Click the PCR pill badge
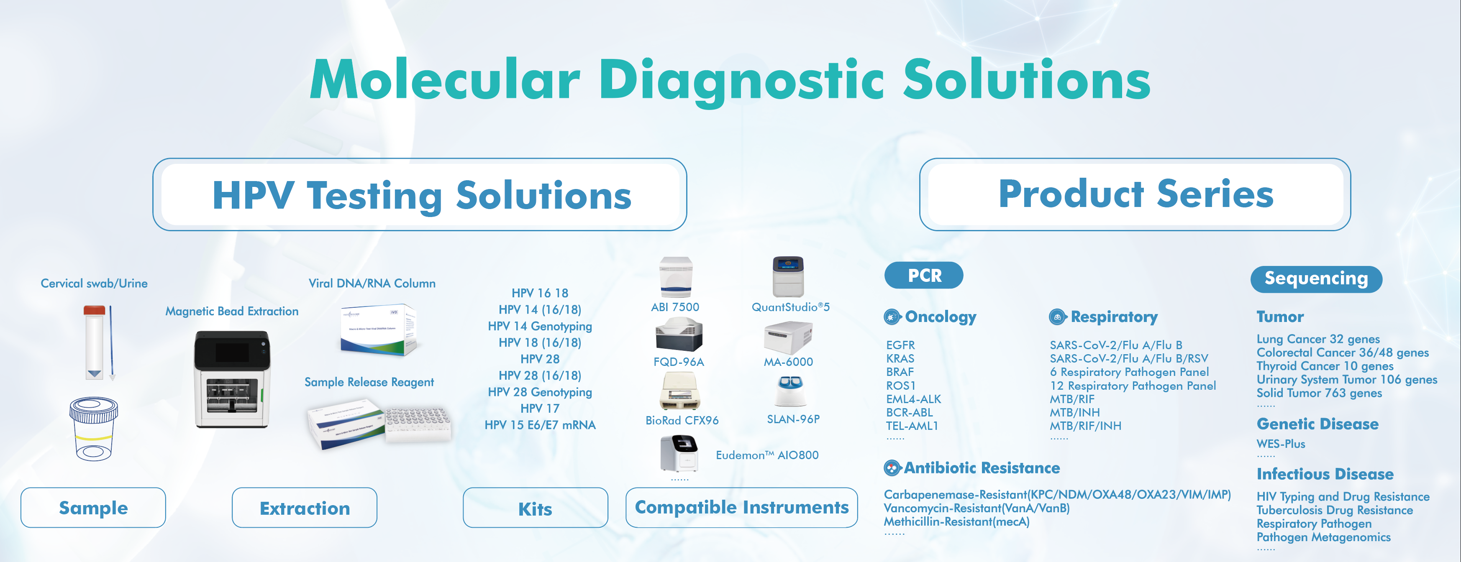(923, 275)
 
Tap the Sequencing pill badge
(1316, 278)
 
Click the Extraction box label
(305, 508)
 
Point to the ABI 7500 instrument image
(676, 277)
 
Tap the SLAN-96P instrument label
(793, 419)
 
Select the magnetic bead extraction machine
(232, 379)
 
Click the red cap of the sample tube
(94, 310)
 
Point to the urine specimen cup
(94, 428)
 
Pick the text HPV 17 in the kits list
(540, 408)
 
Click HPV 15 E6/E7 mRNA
(540, 425)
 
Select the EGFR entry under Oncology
(900, 345)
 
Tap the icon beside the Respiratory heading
(1057, 317)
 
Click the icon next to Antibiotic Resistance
(892, 468)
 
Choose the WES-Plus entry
(1281, 444)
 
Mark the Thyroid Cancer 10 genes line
(1325, 366)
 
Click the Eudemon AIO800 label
(767, 455)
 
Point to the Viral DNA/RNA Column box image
(378, 330)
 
